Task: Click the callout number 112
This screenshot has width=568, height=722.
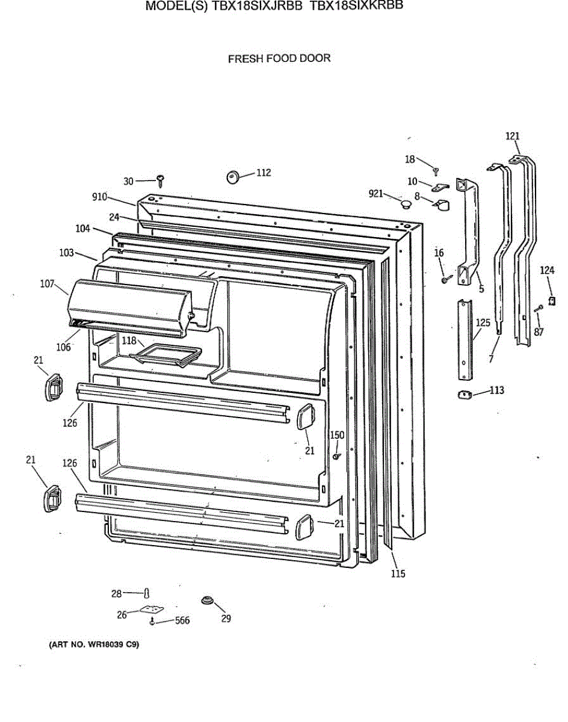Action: [x=264, y=173]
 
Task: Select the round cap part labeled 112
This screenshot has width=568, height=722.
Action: [x=232, y=176]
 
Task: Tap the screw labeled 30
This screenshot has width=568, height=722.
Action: [x=161, y=179]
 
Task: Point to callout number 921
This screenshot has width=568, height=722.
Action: [x=375, y=193]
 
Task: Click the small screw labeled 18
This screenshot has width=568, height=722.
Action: [x=436, y=171]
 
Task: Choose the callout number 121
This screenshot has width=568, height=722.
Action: [x=512, y=137]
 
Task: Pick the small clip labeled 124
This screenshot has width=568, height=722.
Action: [x=551, y=299]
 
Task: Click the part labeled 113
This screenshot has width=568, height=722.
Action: [x=463, y=394]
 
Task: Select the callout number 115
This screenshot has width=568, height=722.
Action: [x=398, y=573]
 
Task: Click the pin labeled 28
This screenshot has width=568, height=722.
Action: [x=146, y=593]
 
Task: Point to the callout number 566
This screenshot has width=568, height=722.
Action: [x=182, y=621]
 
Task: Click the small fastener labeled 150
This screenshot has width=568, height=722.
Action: [x=336, y=456]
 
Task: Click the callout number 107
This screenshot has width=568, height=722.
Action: [x=48, y=283]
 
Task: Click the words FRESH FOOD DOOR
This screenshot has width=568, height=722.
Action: [x=279, y=58]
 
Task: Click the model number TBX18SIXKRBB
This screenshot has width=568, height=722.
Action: [x=356, y=5]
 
